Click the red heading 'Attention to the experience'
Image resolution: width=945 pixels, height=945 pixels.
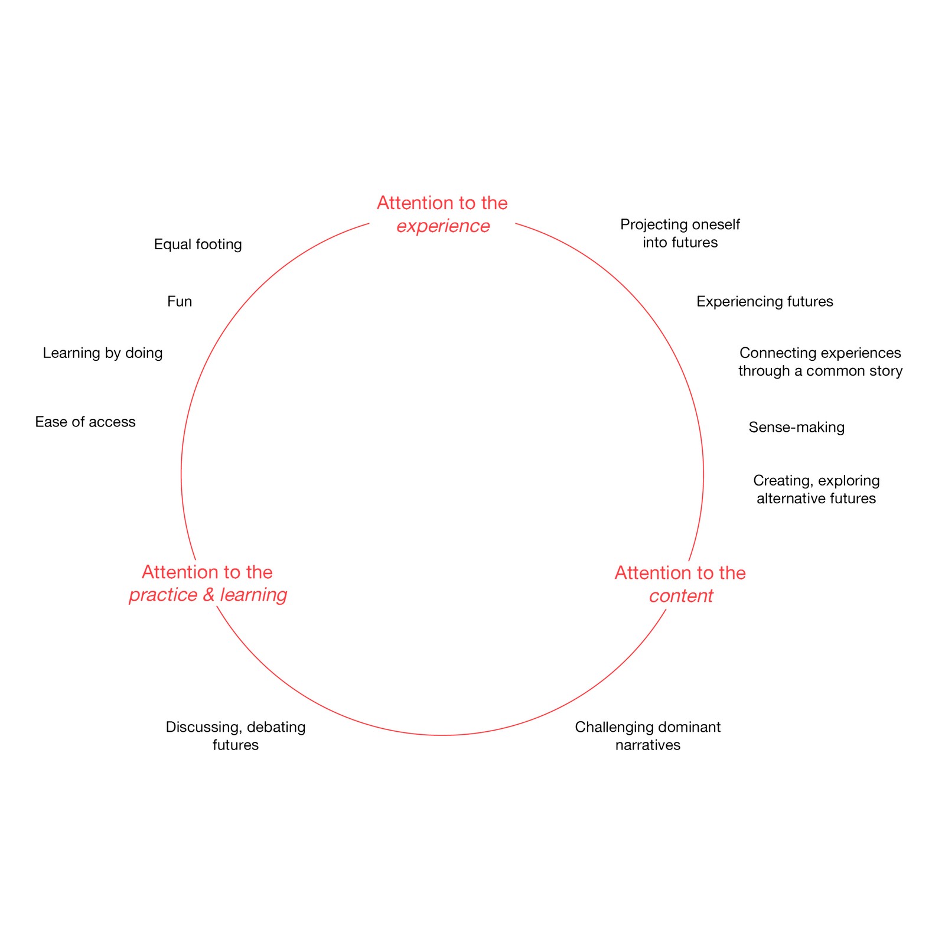(x=442, y=214)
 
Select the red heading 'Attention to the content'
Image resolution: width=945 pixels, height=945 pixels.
(x=680, y=584)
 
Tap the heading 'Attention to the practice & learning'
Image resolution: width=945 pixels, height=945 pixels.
(x=207, y=583)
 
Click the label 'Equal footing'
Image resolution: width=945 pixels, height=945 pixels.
(x=198, y=244)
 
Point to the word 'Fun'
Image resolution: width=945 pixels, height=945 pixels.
(x=180, y=302)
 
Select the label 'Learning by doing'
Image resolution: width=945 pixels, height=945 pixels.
(x=103, y=353)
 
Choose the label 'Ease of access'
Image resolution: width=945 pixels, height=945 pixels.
(x=85, y=422)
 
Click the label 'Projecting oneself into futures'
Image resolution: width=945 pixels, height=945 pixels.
(x=680, y=233)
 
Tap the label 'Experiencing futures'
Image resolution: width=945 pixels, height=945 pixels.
(x=764, y=302)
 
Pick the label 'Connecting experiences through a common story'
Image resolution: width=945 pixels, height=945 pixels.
(x=820, y=361)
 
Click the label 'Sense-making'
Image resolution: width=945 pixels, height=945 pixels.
(x=796, y=427)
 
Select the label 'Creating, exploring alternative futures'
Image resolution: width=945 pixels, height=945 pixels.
(x=816, y=489)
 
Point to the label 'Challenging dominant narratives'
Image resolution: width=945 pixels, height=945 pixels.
(x=647, y=735)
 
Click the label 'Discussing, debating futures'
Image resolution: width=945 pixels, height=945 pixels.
(x=236, y=735)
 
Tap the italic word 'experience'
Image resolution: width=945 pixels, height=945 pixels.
(x=443, y=226)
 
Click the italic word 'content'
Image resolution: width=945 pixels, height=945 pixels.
(x=681, y=596)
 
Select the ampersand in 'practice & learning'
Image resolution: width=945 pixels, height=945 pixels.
(x=208, y=595)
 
